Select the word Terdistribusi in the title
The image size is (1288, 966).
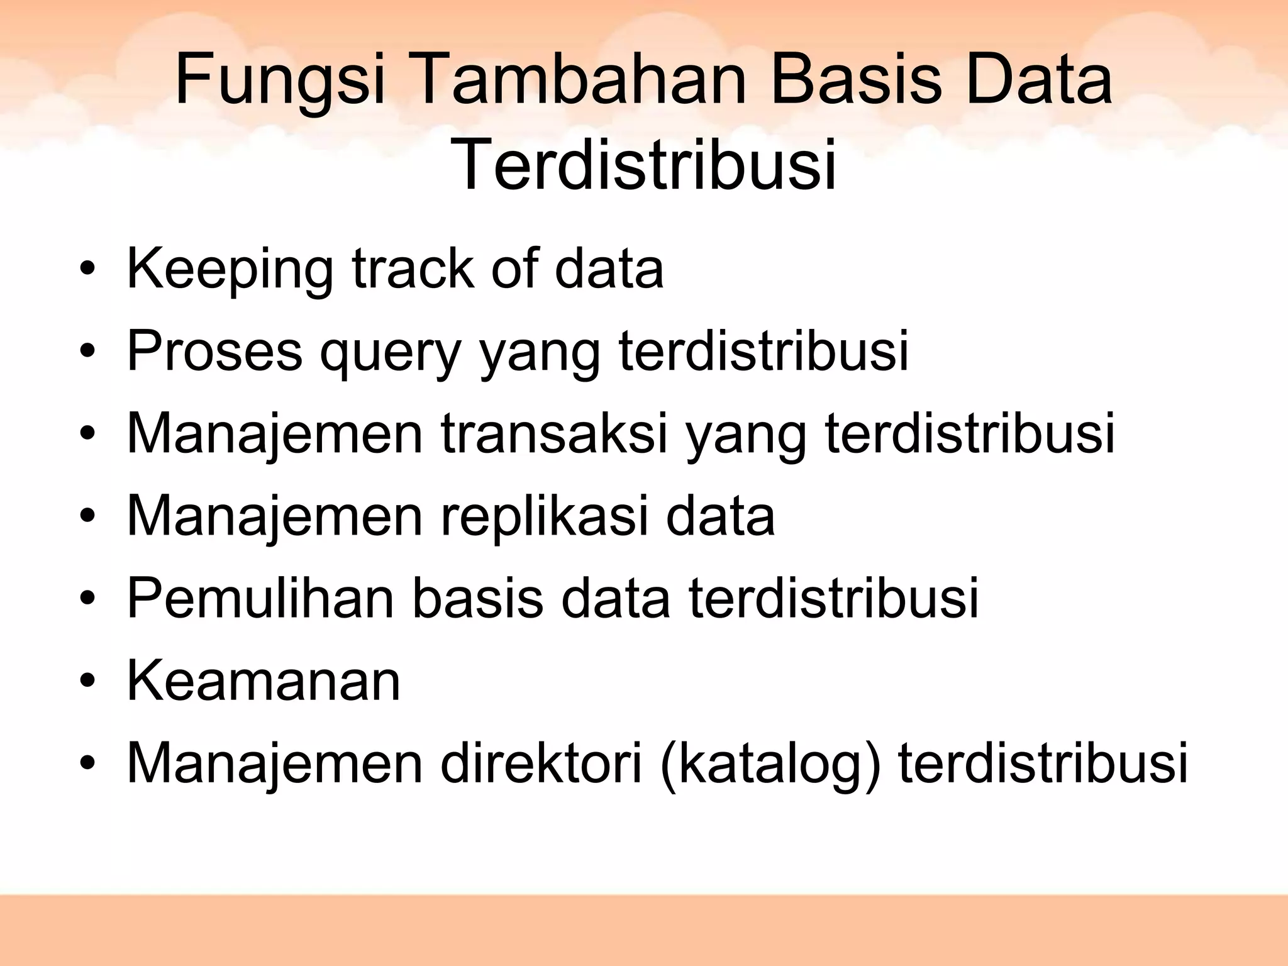click(643, 165)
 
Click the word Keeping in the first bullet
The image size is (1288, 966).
click(230, 270)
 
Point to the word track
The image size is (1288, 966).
click(413, 270)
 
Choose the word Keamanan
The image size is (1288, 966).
click(264, 681)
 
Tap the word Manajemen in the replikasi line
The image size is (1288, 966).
click(275, 517)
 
